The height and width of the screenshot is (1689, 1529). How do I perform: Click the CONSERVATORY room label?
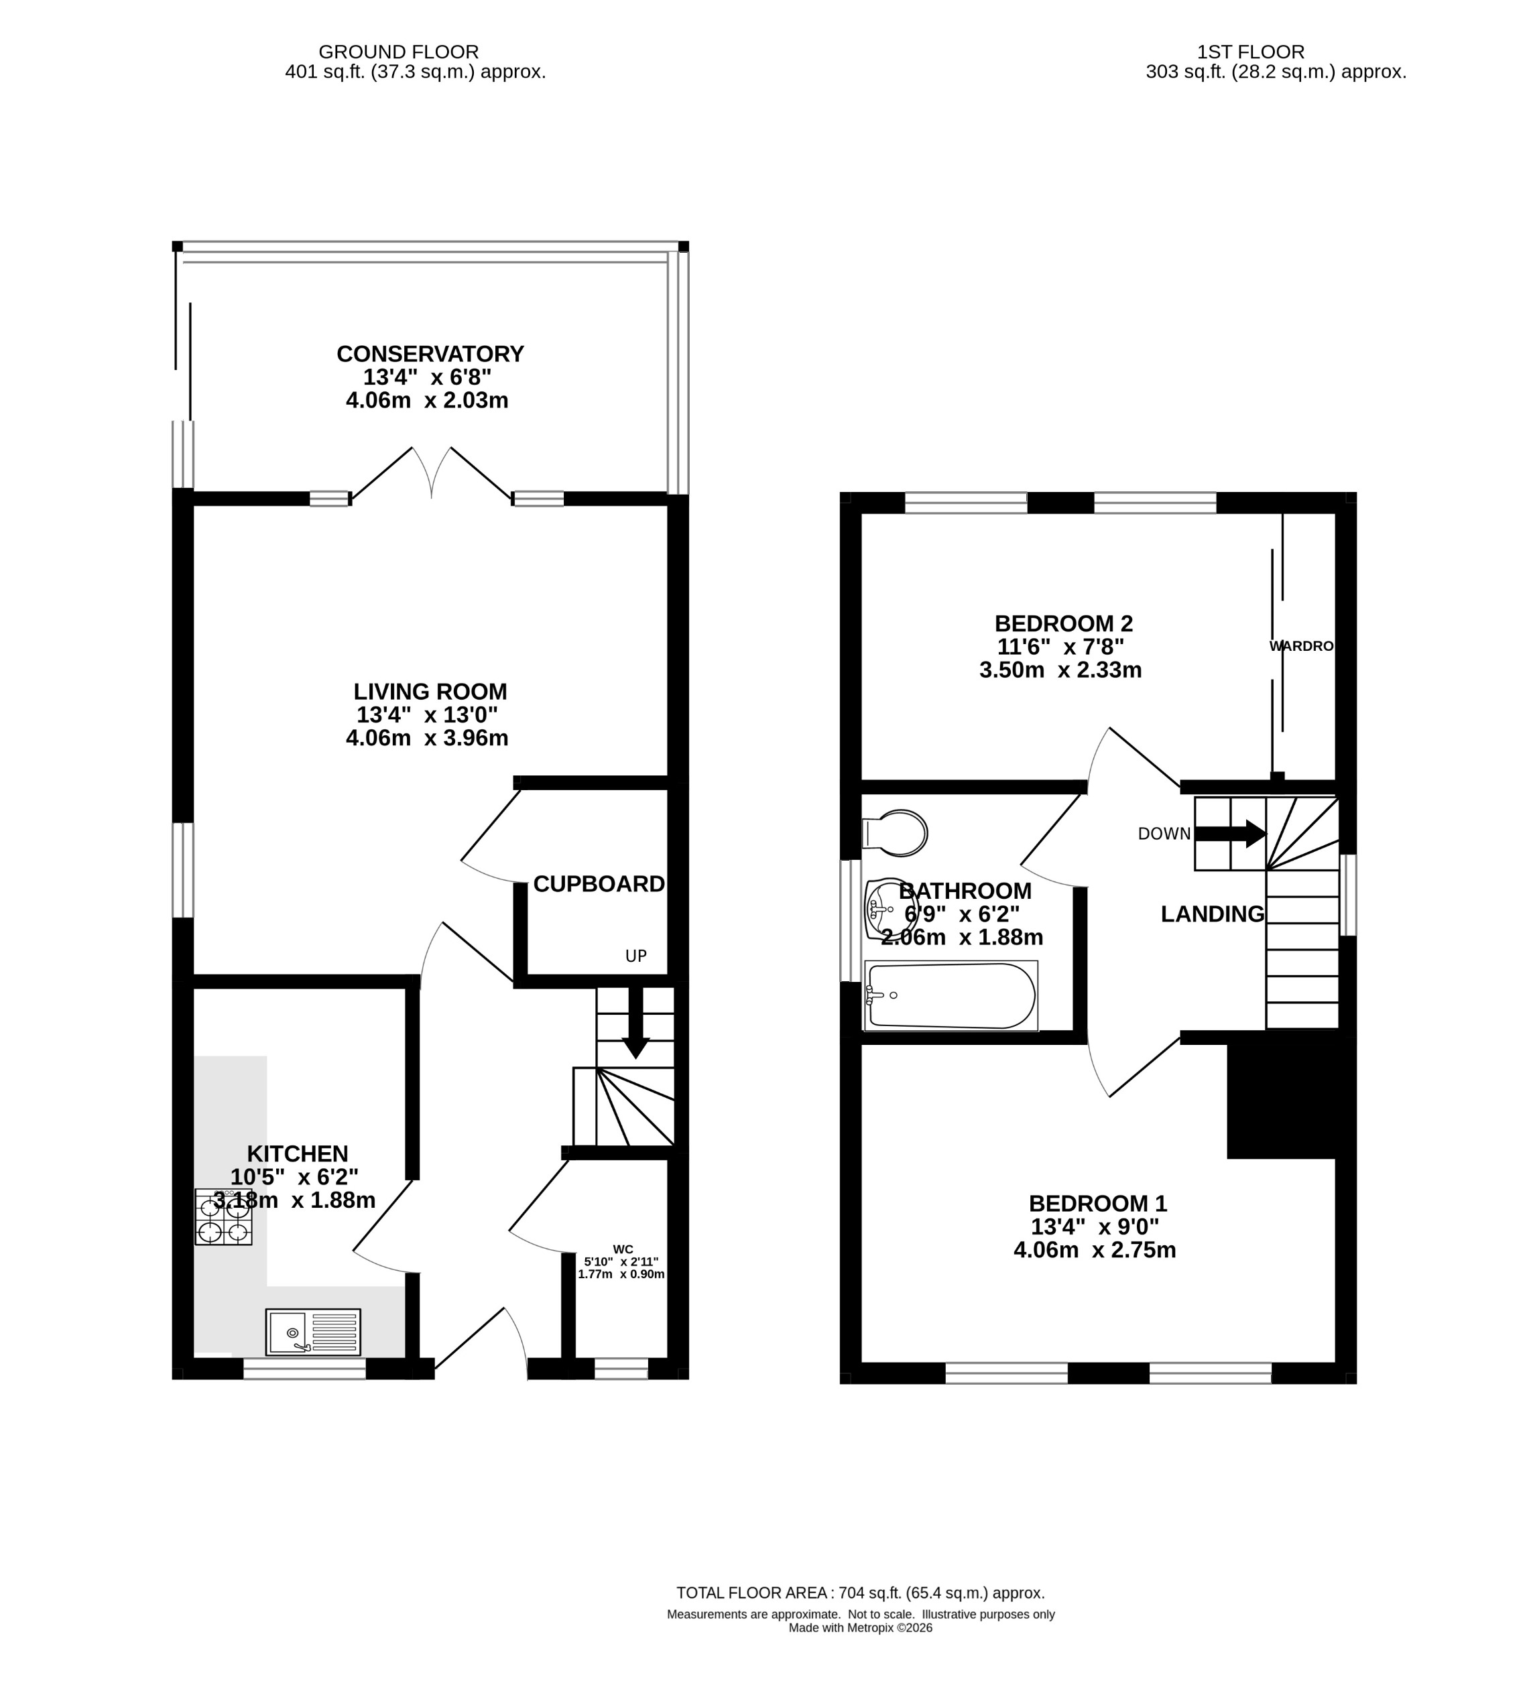pos(430,354)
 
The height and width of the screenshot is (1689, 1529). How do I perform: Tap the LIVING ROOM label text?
pos(430,691)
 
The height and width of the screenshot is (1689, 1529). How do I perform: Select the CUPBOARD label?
pos(598,884)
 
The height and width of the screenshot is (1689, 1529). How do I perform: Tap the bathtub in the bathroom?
pos(952,995)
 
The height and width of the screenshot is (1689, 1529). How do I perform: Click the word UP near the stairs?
pos(636,956)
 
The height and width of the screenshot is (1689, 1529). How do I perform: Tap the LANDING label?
pos(1211,914)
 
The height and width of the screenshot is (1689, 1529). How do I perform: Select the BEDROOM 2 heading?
pos(1063,623)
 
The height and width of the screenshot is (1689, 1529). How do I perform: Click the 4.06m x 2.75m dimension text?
pos(1094,1250)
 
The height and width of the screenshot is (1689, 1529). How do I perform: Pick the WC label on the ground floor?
pos(623,1249)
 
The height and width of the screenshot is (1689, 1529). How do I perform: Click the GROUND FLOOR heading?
pos(399,52)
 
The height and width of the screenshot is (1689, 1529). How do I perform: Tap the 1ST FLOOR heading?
pos(1250,52)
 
